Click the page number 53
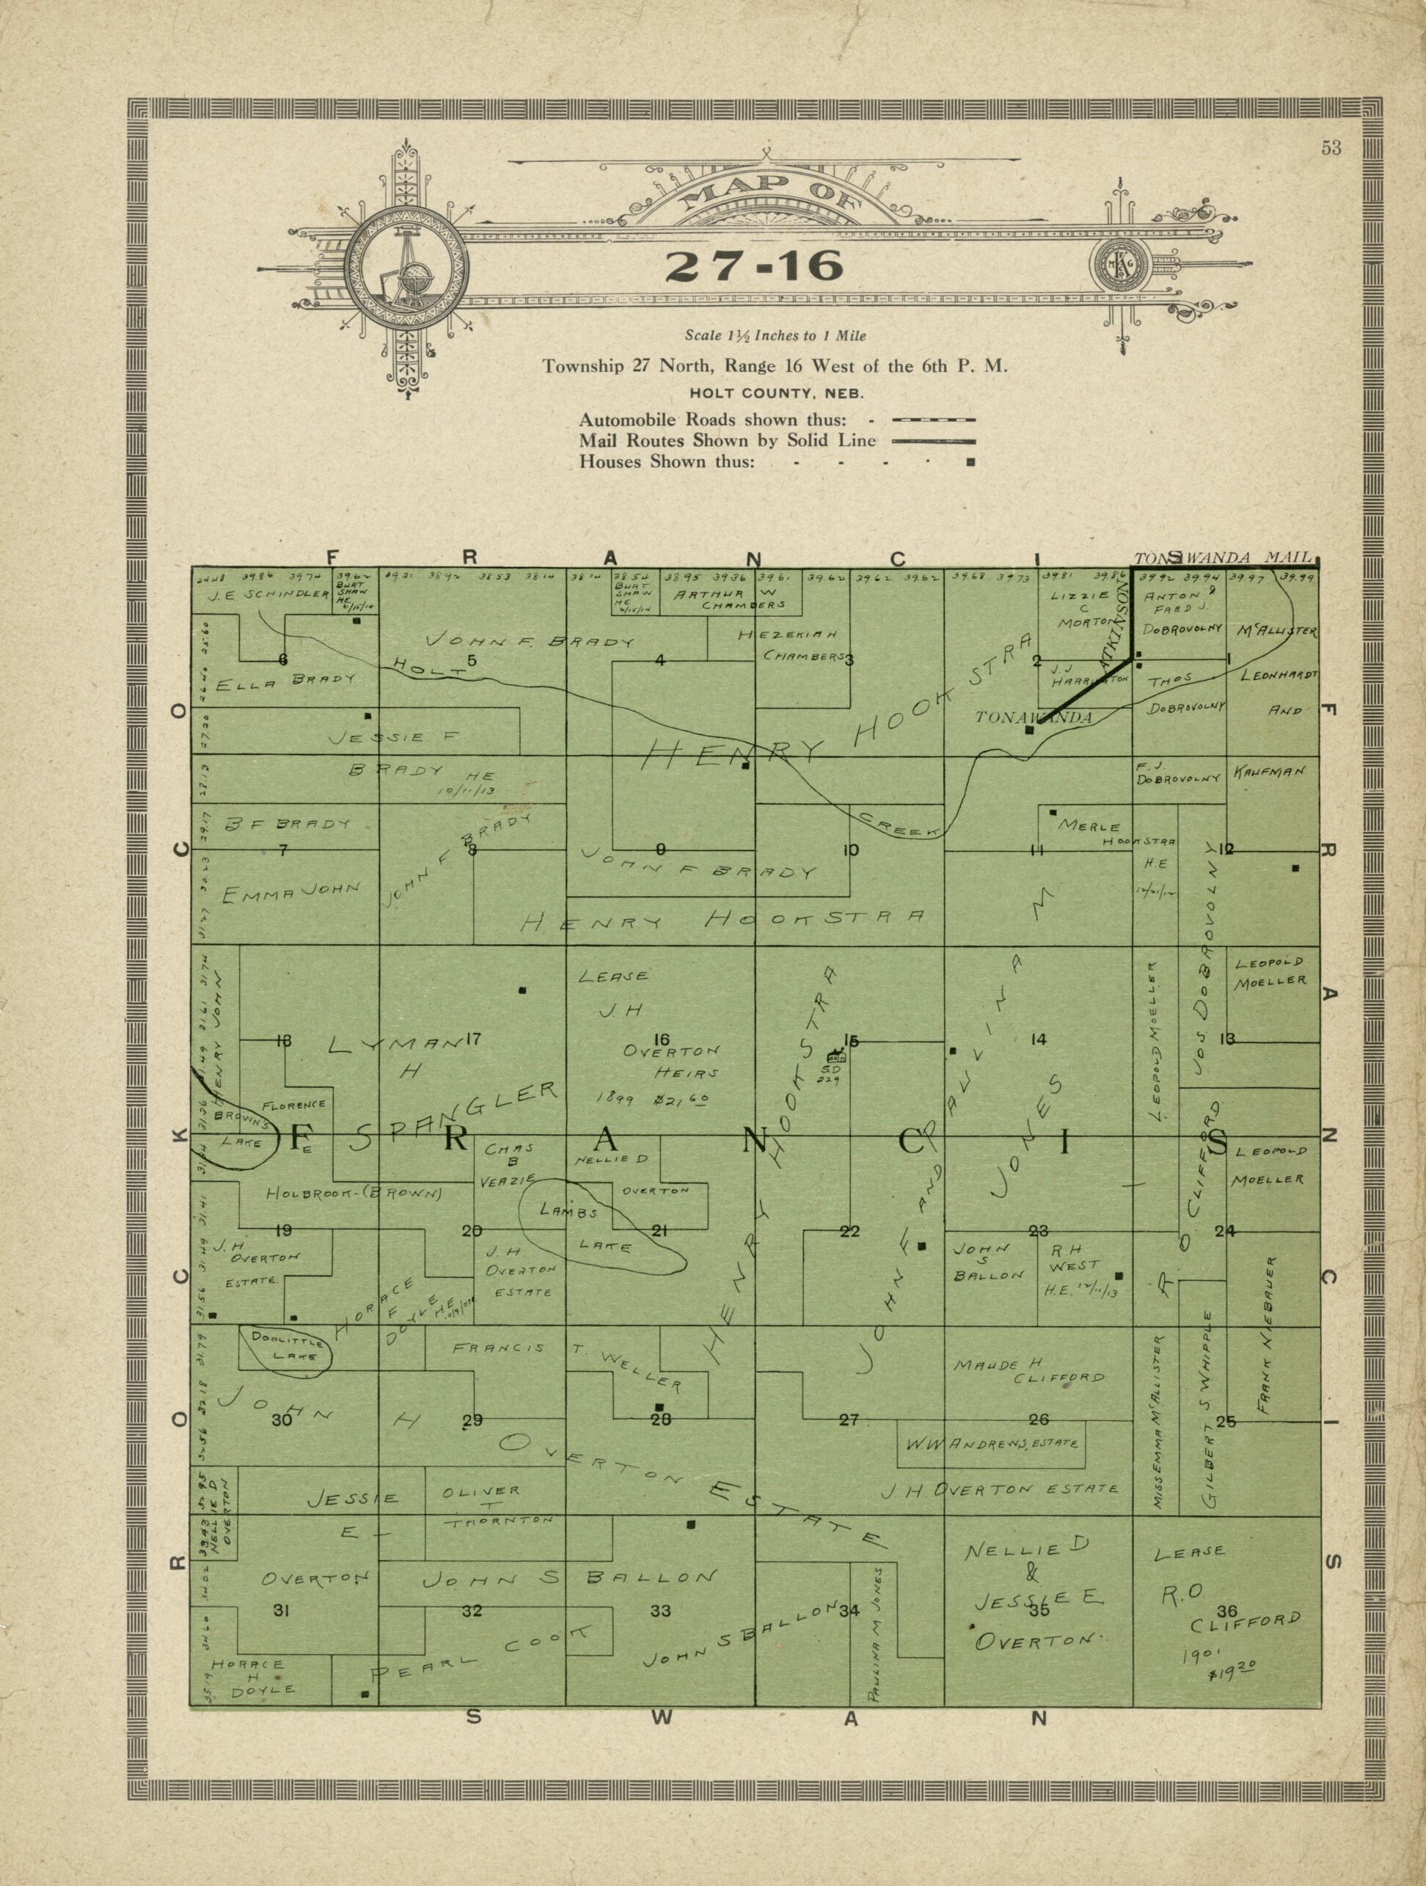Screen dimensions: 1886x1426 [1331, 148]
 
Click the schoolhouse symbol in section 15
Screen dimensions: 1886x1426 [836, 1055]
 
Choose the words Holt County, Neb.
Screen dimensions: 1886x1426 [777, 394]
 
